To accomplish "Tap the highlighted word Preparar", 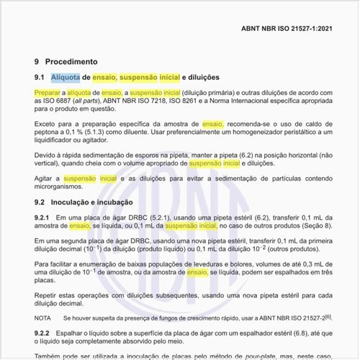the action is point(46,93).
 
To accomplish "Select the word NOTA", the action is point(42,317).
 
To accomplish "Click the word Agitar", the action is point(46,178).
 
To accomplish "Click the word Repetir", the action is point(48,294).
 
